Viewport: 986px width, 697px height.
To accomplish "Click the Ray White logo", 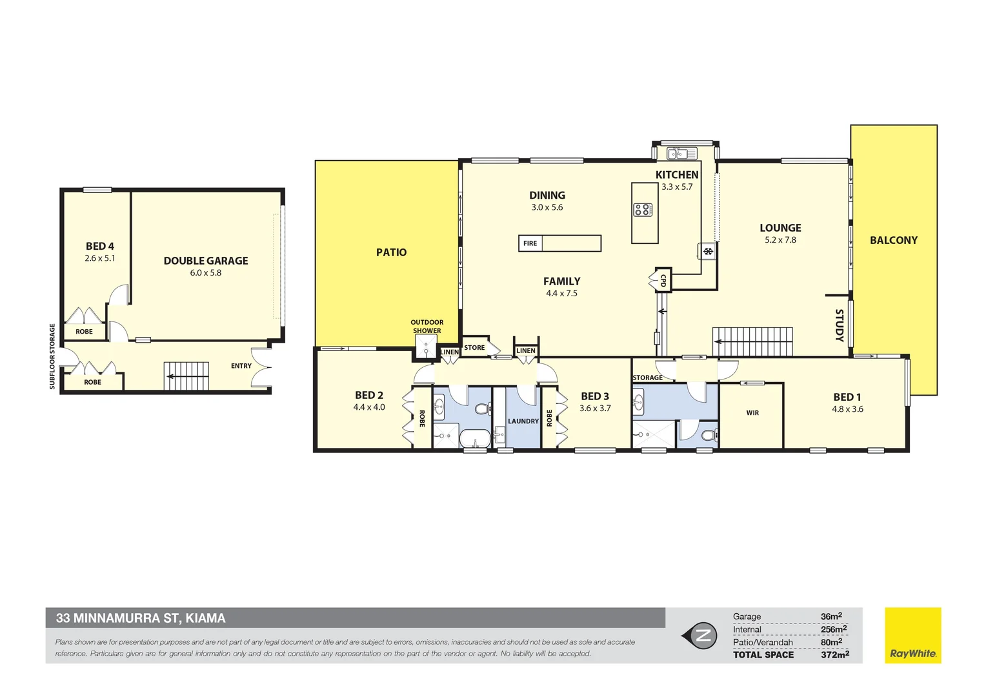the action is click(913, 635).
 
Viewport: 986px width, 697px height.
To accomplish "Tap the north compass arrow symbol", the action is click(699, 635).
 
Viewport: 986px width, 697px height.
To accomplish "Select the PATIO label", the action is click(391, 252).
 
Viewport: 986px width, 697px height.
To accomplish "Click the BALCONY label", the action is click(894, 241).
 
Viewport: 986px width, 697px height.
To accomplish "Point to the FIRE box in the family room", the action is click(559, 243).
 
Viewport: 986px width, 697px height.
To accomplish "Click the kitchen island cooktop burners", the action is click(643, 210).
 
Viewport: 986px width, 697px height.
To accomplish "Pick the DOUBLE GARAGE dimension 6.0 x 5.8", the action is click(206, 272).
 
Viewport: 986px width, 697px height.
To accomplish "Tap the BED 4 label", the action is click(100, 246).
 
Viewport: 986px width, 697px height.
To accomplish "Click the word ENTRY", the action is click(241, 366).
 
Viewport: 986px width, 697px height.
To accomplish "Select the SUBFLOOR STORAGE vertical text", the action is click(52, 356).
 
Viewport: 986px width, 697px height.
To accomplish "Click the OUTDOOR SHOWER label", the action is click(427, 327).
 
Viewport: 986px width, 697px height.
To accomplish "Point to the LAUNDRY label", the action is click(523, 421).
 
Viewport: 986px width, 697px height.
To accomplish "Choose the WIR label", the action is click(752, 413).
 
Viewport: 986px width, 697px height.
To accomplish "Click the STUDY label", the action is click(840, 325).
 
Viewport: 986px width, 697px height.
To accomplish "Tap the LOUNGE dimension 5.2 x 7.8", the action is click(780, 240).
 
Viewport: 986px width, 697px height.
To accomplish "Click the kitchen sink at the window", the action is click(682, 153).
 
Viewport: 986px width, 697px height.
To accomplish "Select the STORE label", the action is click(474, 347).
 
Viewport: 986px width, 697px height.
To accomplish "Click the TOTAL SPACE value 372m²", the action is click(835, 654).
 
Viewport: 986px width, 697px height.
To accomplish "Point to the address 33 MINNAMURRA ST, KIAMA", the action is click(141, 618).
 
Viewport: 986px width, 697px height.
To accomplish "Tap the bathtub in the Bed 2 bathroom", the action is click(476, 439).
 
